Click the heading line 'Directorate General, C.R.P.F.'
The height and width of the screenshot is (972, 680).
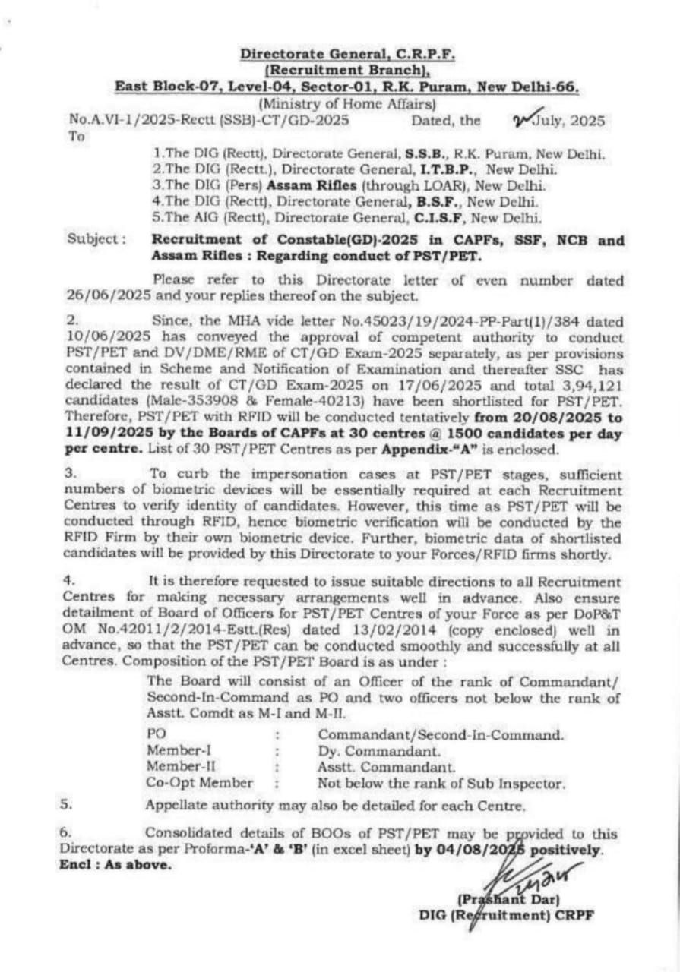[x=348, y=54]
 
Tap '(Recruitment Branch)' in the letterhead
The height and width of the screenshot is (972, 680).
[x=348, y=70]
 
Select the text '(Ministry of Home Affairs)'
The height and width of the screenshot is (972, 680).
[x=347, y=104]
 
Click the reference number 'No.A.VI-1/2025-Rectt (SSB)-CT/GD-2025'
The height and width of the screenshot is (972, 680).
[x=209, y=120]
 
